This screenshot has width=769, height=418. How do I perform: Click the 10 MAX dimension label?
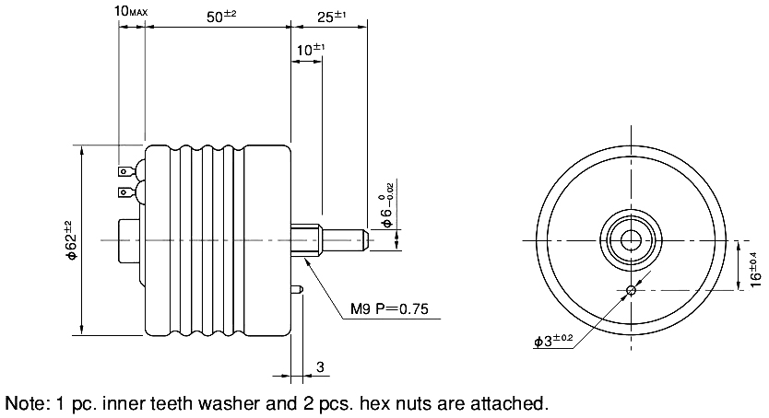(130, 10)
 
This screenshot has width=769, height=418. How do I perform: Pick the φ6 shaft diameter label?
(388, 207)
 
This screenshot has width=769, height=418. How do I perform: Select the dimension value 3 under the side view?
(320, 367)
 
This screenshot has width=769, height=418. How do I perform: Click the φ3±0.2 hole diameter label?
(553, 341)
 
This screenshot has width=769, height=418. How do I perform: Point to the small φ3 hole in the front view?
(630, 291)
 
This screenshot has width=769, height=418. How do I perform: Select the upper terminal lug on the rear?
(124, 170)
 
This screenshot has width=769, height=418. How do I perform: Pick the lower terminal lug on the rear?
(124, 192)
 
